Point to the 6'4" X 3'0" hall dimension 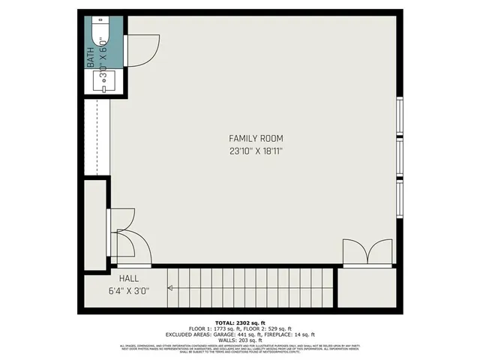point(129,291)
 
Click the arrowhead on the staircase point(172,286)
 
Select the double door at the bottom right point(367,253)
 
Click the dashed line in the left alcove point(97,138)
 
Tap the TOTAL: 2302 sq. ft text point(239,322)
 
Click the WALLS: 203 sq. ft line point(239,340)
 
